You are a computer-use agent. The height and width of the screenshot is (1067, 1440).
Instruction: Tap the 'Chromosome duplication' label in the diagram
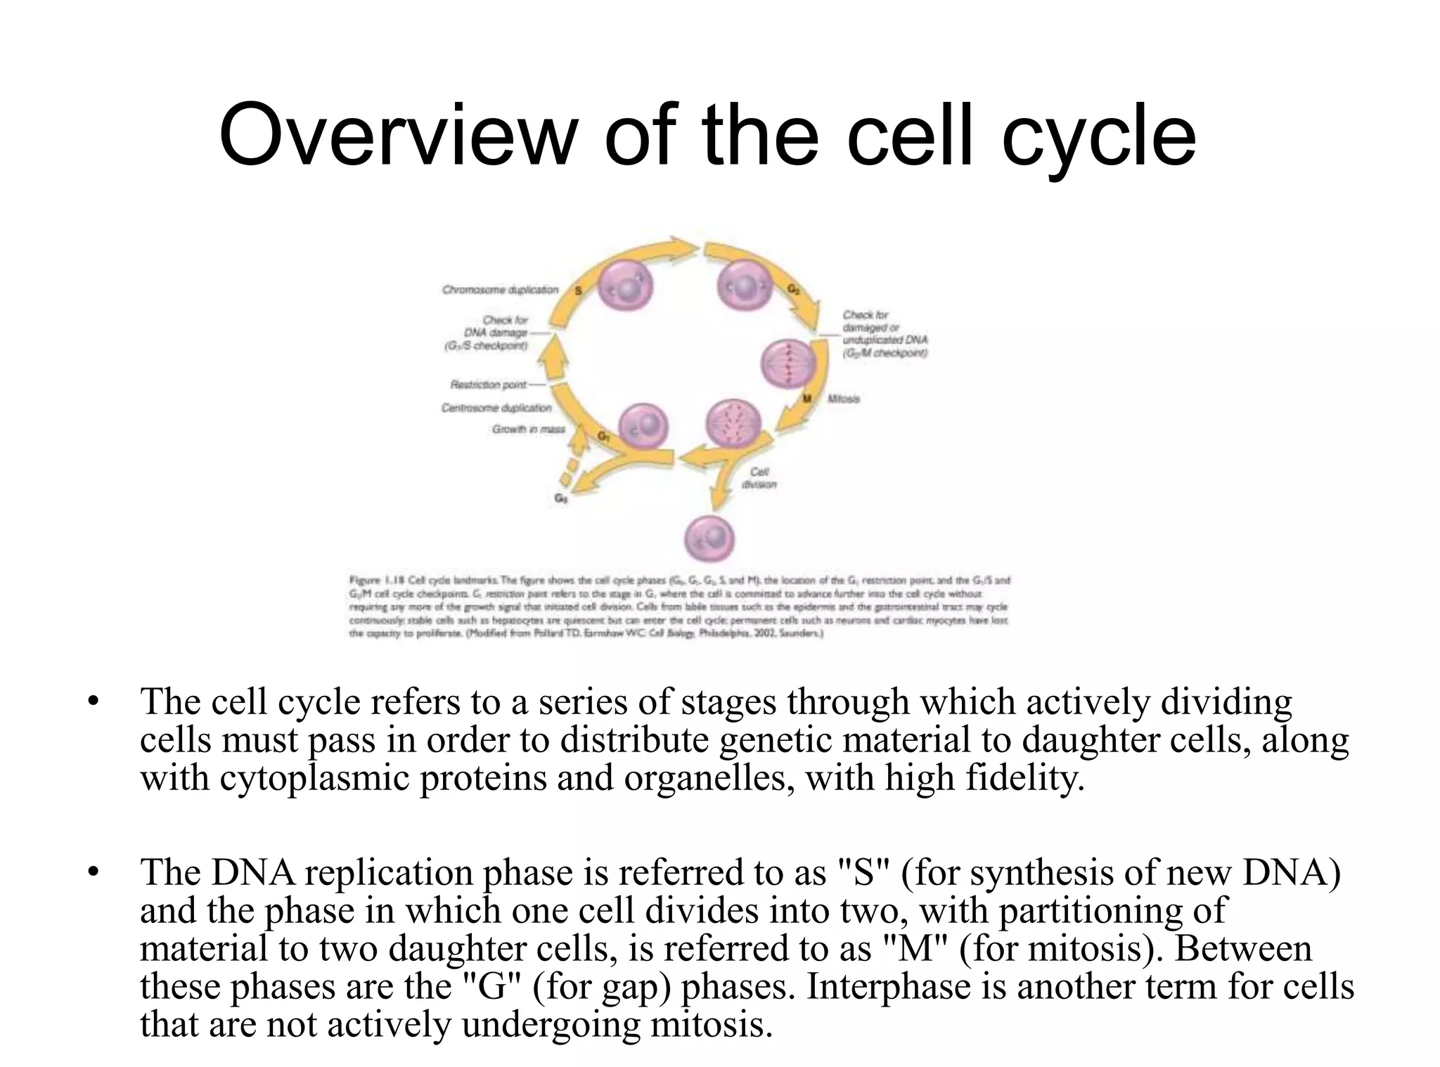click(500, 290)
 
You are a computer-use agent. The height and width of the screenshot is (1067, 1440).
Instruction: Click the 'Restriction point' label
click(488, 384)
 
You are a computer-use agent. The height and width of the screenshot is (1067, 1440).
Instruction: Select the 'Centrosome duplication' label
click(496, 408)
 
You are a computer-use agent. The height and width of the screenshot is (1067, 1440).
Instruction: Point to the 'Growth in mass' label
click(528, 429)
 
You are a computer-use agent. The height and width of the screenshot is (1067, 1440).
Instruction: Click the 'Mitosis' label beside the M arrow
click(843, 399)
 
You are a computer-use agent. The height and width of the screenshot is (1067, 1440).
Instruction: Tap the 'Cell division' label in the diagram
click(759, 478)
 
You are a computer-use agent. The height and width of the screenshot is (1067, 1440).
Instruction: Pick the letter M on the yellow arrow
click(807, 399)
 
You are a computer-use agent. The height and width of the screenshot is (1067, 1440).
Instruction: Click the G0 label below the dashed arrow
click(560, 498)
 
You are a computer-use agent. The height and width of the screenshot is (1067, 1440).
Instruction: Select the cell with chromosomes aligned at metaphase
click(788, 363)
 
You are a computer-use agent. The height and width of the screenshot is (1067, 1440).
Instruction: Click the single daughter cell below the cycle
click(709, 540)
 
